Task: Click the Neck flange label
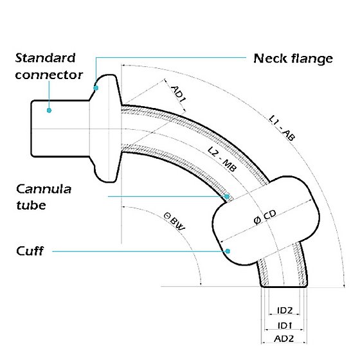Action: tap(293, 59)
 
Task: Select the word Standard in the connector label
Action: tap(45, 58)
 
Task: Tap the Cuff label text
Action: tap(30, 251)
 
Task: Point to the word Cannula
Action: tap(44, 189)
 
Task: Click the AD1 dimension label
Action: tap(179, 94)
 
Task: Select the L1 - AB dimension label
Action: tap(282, 128)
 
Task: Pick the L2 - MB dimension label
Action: tap(222, 159)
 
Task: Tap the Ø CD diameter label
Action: tap(265, 217)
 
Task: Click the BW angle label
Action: tap(174, 222)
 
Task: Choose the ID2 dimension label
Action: tap(285, 310)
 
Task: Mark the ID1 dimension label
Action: tap(285, 325)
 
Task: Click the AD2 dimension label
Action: tap(284, 339)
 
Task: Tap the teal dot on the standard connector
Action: tap(49, 111)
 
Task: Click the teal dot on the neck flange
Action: tap(96, 88)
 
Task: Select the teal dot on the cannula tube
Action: tap(227, 197)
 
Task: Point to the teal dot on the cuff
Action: tap(228, 251)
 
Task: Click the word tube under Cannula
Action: tap(31, 205)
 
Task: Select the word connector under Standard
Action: tap(49, 75)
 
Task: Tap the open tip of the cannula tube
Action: tap(284, 286)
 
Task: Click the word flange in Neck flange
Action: tap(312, 59)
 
